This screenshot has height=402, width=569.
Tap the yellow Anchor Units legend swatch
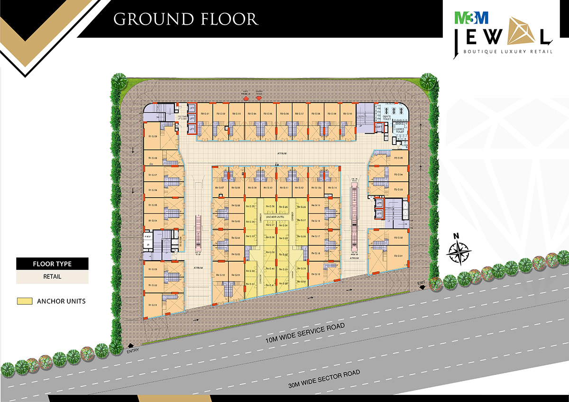24,301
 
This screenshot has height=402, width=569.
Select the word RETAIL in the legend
52,276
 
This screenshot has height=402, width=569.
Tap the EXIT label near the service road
422,283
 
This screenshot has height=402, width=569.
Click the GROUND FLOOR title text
185,19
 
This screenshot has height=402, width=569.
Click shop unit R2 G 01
205,114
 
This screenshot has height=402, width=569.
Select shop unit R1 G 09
153,137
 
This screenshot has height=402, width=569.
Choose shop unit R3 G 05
398,158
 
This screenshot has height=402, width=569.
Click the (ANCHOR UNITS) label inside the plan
277,216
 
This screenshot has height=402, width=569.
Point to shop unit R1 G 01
153,305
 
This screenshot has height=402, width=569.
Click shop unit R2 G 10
347,114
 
